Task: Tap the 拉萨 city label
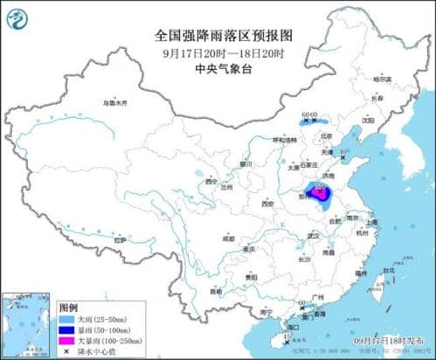[120, 238]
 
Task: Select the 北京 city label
[327, 136]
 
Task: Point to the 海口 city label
[294, 328]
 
